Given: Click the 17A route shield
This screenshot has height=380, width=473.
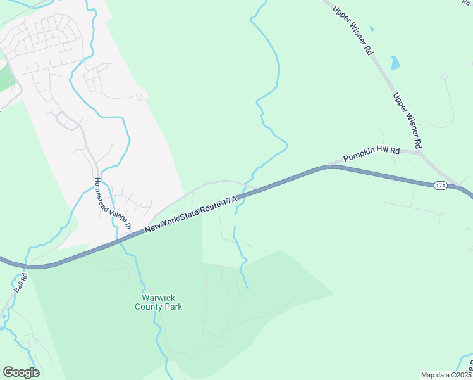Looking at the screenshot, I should click(441, 186).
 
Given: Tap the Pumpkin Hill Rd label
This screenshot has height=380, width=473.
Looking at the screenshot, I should click(372, 155).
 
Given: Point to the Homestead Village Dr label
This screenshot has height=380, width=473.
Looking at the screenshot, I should click(111, 203).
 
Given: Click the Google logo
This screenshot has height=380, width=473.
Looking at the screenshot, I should click(21, 372).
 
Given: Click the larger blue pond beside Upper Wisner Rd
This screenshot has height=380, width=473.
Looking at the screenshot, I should click(395, 63).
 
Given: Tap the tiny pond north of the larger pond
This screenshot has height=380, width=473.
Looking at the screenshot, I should click(371, 29).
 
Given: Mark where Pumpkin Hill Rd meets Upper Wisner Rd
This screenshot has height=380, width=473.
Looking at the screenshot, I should click(420, 152).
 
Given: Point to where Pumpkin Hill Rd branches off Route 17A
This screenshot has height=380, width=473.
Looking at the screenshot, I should click(328, 167).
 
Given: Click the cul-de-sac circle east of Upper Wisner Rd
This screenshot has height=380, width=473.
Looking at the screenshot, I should click(444, 77).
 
